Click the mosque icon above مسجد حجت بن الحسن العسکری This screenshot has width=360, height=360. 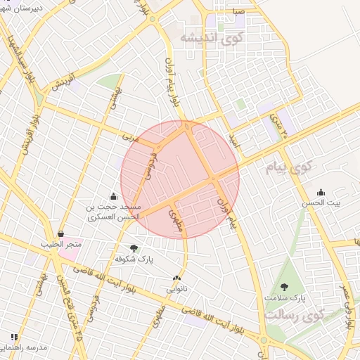pyautogui.click(x=114, y=196)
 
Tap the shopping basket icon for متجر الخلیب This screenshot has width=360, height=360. pyautogui.click(x=61, y=233)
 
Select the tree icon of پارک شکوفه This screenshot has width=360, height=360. pyautogui.click(x=134, y=247)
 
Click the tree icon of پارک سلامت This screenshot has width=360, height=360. pyautogui.click(x=284, y=287)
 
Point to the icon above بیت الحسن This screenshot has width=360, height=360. pyautogui.click(x=321, y=193)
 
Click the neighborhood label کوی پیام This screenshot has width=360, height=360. pyautogui.click(x=288, y=167)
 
